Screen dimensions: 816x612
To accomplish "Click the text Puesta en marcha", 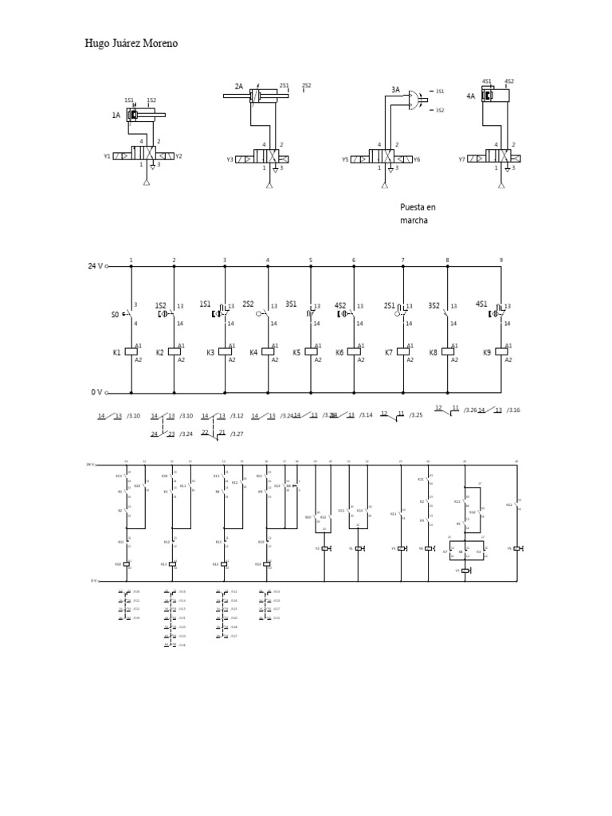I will pyautogui.click(x=418, y=214).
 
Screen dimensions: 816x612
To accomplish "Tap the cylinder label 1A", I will pyautogui.click(x=116, y=116).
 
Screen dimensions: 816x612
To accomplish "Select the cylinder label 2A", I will pyautogui.click(x=238, y=86).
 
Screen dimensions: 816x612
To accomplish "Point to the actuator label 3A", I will pyautogui.click(x=395, y=90).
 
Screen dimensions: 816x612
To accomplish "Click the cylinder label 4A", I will pyautogui.click(x=470, y=96).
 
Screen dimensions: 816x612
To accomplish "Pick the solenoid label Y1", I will pyautogui.click(x=107, y=157).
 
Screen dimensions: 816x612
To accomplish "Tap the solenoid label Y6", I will pyautogui.click(x=417, y=159).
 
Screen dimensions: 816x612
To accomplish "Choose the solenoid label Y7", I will pyautogui.click(x=461, y=159).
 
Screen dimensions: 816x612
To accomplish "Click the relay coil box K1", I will pyautogui.click(x=131, y=351).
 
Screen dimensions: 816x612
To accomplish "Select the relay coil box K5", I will pyautogui.click(x=311, y=351).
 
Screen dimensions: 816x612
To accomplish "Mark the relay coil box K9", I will pyautogui.click(x=501, y=351).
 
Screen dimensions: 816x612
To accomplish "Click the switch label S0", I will pyautogui.click(x=116, y=315).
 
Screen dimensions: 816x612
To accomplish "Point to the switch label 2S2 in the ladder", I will pyautogui.click(x=248, y=304).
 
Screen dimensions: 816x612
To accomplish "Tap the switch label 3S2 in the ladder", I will pyautogui.click(x=433, y=304).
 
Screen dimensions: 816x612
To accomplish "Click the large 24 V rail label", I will pyautogui.click(x=96, y=266).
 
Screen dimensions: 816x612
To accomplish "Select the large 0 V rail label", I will pyautogui.click(x=96, y=392).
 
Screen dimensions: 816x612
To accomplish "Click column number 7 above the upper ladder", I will pyautogui.click(x=402, y=260).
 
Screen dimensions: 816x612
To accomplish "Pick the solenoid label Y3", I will pyautogui.click(x=229, y=159).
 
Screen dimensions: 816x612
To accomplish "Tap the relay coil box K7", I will pyautogui.click(x=403, y=351).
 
